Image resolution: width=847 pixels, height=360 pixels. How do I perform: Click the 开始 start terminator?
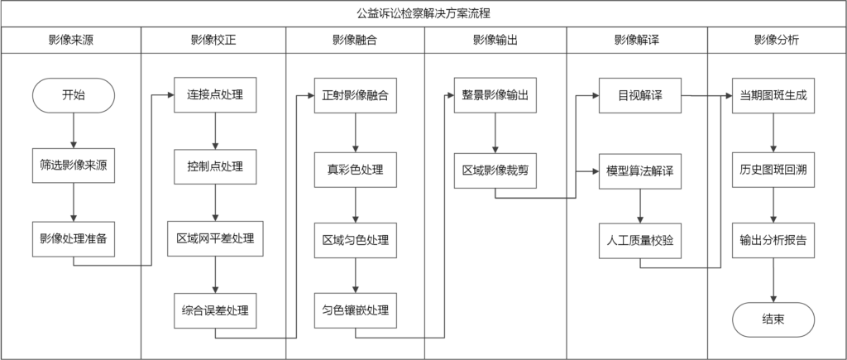tap(74, 96)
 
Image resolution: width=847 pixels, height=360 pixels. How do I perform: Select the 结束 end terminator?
tap(773, 319)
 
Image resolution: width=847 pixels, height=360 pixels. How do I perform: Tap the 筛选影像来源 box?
tap(74, 166)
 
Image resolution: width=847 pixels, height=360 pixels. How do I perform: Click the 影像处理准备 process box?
tap(74, 239)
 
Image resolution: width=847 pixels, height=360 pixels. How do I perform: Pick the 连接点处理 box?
tap(215, 95)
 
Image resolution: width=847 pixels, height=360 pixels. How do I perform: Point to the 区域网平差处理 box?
tap(215, 238)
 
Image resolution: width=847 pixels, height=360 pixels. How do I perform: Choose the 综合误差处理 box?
tap(215, 311)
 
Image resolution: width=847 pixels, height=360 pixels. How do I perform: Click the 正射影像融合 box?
tap(356, 95)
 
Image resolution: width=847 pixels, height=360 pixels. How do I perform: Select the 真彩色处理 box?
tap(356, 170)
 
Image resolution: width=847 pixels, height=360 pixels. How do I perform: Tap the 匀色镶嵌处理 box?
tap(356, 311)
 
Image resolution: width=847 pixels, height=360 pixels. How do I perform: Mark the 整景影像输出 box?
tap(495, 95)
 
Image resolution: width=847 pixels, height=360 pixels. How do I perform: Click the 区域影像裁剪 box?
tap(495, 170)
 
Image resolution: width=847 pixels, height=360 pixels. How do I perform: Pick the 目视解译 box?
tap(640, 95)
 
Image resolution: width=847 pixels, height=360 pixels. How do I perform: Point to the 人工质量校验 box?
tap(640, 241)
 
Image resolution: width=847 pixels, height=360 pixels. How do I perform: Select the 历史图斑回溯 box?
tap(773, 170)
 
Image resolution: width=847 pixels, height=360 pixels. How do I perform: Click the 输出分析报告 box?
tap(773, 240)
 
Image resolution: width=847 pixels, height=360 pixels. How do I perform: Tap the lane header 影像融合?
tap(355, 40)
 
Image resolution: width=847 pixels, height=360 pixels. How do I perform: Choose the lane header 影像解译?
tap(637, 40)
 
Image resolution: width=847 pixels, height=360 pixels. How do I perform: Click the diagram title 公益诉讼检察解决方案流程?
tap(423, 13)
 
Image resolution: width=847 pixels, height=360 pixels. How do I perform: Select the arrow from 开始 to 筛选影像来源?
tap(74, 130)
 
